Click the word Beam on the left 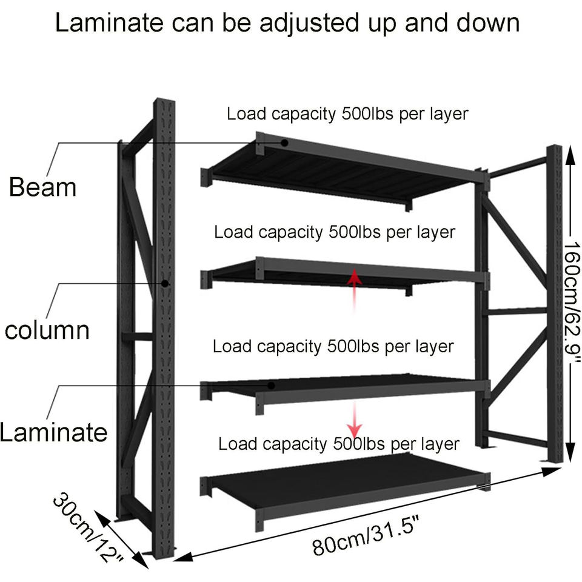point(42,187)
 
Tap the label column point(47,330)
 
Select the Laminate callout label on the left point(53,432)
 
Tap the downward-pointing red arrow point(351,416)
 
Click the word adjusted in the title point(297,23)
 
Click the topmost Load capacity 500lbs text point(347,113)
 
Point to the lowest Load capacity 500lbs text point(338,444)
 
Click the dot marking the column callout point(164,283)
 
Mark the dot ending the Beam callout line point(284,143)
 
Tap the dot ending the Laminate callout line point(272,385)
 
